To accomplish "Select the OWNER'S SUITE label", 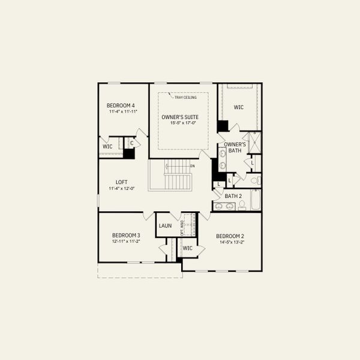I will point(179,116).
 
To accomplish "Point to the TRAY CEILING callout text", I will point(185,97).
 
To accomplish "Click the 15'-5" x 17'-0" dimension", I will point(179,123).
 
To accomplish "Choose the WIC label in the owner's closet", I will point(238,107).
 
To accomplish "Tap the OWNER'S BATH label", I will point(235,148).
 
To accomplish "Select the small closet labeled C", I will point(131,143).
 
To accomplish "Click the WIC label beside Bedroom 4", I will point(107,146).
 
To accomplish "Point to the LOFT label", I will point(121,182).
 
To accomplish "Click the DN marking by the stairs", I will point(192,166).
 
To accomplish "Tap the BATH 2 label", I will point(233,196).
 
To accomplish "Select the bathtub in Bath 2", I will point(255,200).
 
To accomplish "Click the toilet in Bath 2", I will point(242,206).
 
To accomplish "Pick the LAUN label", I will point(166,226).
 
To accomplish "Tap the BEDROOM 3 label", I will point(126,235).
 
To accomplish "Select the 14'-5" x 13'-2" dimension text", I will point(230,242).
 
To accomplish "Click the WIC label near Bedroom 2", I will point(187,248).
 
